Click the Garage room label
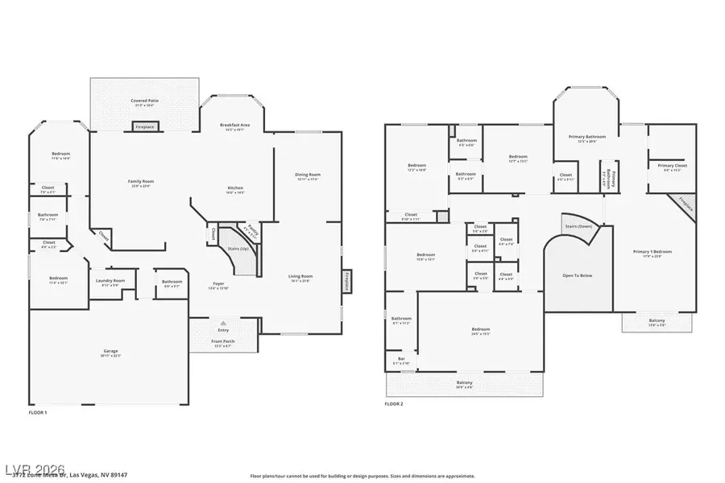click(x=110, y=353)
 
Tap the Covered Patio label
click(x=145, y=102)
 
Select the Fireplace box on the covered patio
click(x=145, y=126)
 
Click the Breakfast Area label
click(x=235, y=126)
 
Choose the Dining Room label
click(x=308, y=176)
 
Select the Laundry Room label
click(x=109, y=282)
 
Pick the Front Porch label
click(x=222, y=344)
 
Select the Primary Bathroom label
click(x=587, y=138)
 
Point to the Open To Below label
click(x=577, y=275)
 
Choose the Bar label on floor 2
click(x=401, y=360)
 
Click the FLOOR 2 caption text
click(x=394, y=403)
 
